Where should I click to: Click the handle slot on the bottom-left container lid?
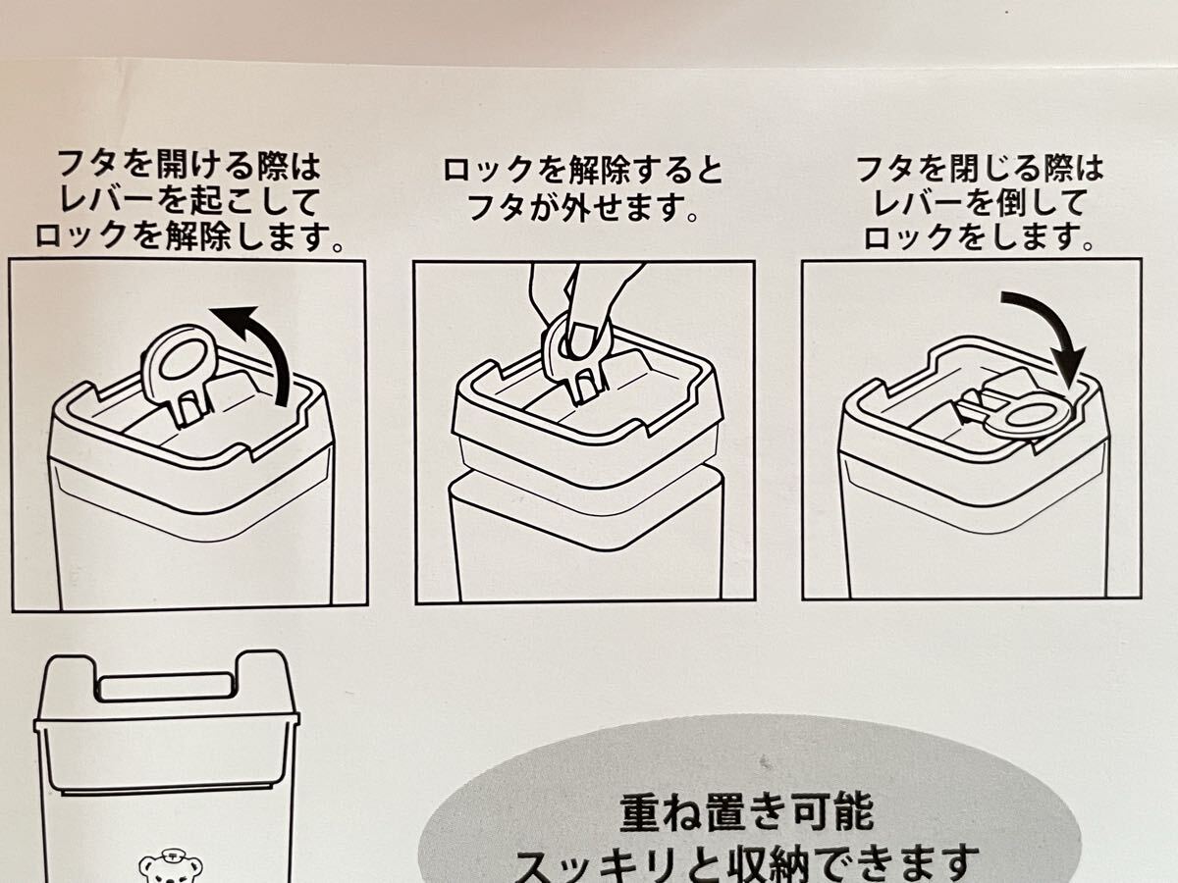coord(165,688)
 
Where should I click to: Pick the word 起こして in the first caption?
coord(245,201)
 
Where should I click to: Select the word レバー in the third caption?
coord(911,202)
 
